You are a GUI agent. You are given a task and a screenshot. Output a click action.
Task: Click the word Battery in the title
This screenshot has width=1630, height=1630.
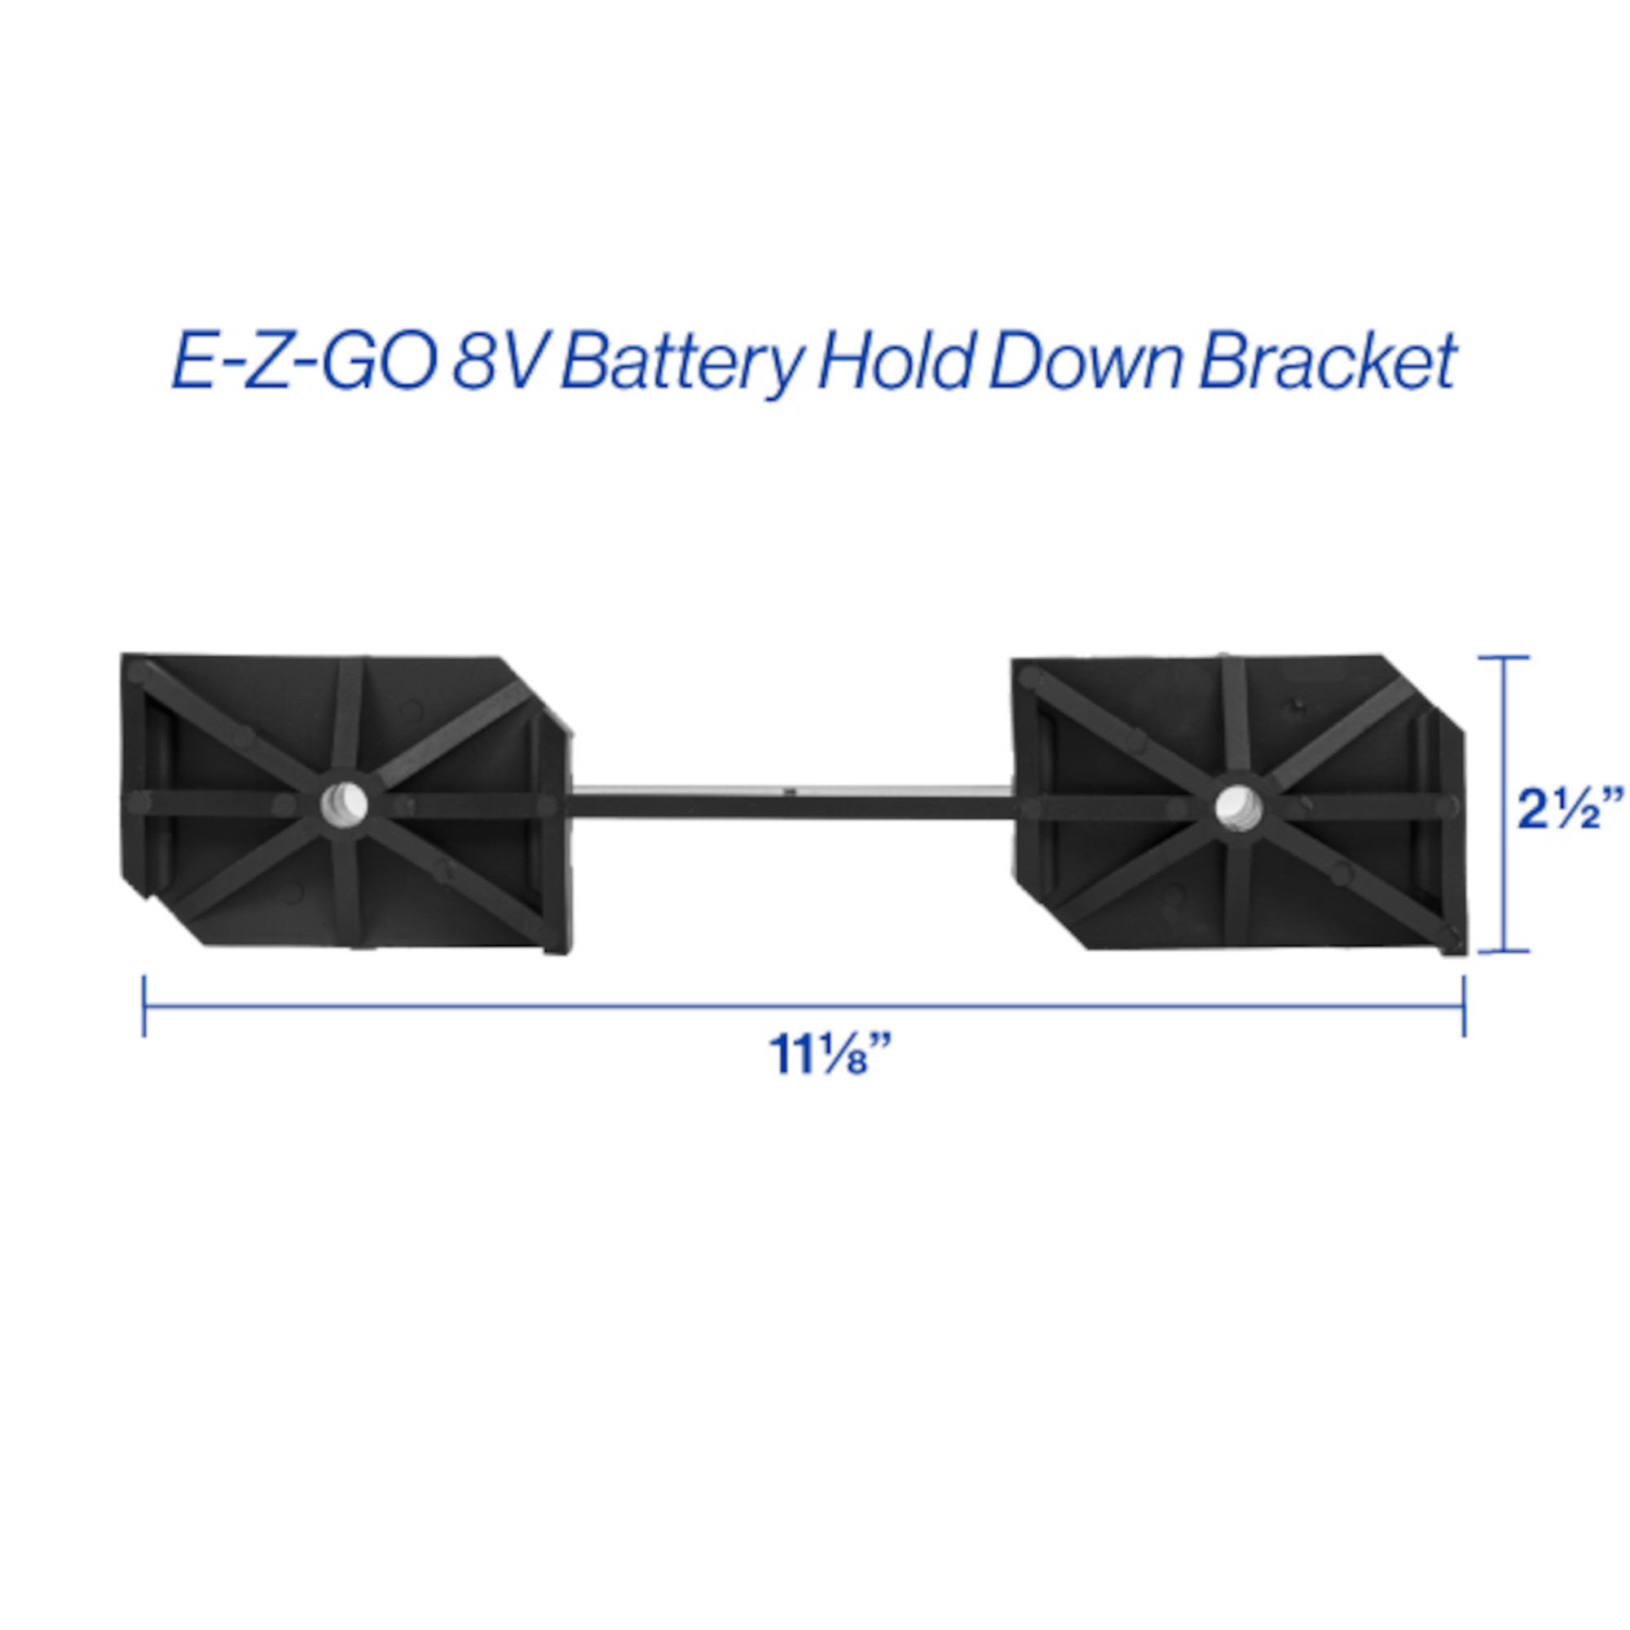point(680,361)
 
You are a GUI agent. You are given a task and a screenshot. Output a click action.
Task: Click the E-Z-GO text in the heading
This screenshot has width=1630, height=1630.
point(304,360)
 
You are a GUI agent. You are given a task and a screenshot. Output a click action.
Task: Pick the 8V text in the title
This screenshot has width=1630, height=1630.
point(500,360)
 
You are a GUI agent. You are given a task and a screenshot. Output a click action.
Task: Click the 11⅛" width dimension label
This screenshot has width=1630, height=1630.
point(830,1054)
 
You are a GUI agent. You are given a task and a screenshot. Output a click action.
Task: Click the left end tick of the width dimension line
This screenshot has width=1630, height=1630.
point(144,1006)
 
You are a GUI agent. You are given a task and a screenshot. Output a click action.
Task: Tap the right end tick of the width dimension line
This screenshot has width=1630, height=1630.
point(1464,1006)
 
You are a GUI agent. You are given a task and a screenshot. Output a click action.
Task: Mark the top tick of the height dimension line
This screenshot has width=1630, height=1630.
point(1504,657)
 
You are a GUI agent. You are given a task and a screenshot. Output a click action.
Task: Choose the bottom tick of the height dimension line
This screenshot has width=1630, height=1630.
point(1504,951)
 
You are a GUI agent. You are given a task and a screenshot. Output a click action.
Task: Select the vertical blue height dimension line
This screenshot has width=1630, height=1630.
point(1504,804)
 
